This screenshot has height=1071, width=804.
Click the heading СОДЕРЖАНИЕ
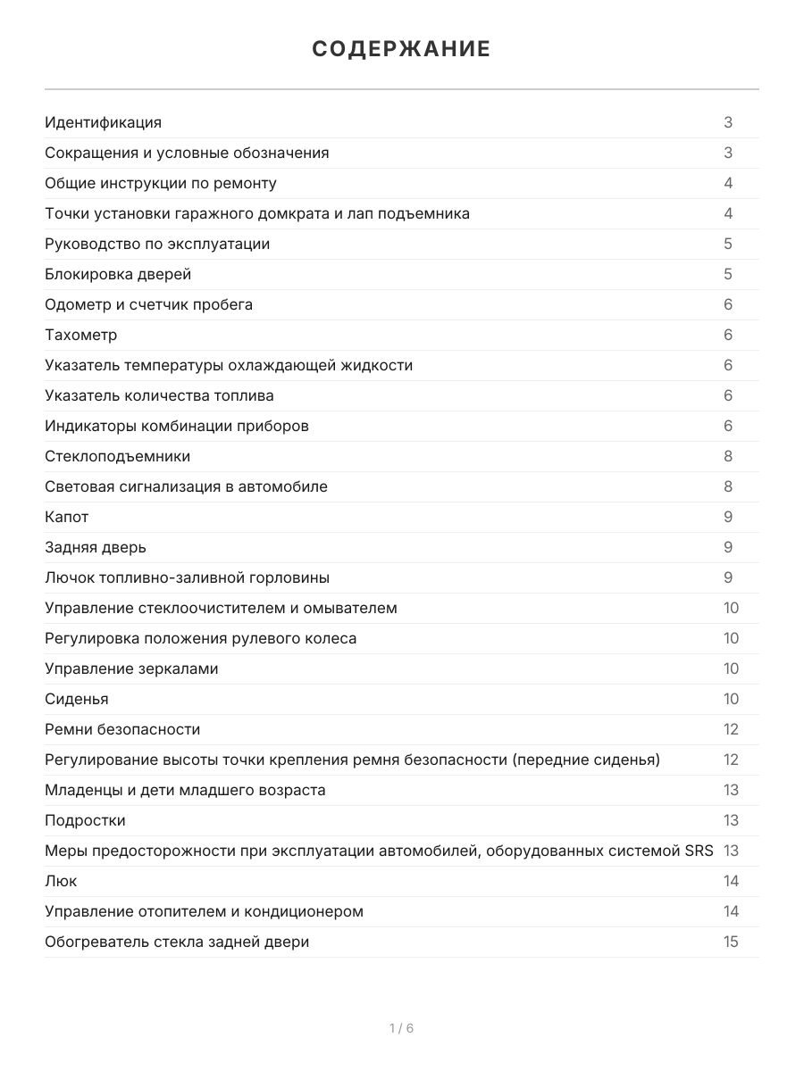(x=401, y=49)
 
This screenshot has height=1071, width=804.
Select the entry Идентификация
(x=104, y=122)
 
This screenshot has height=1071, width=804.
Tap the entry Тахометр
(x=81, y=335)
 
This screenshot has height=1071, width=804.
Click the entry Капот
(x=67, y=517)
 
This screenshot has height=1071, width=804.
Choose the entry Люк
(x=61, y=881)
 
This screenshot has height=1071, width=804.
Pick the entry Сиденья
(x=77, y=699)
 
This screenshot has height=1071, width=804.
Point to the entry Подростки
(x=85, y=820)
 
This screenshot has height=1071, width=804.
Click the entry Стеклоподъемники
(x=118, y=456)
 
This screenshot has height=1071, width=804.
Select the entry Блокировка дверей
(x=118, y=274)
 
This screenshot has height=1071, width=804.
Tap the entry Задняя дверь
(x=96, y=547)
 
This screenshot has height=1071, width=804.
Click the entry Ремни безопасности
(x=122, y=729)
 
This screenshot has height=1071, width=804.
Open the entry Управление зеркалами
(x=131, y=668)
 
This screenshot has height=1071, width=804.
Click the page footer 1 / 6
(x=401, y=1028)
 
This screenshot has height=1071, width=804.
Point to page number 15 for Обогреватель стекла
(x=731, y=942)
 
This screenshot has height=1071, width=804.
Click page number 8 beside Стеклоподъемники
(x=728, y=456)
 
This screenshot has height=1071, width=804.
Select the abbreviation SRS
(x=699, y=851)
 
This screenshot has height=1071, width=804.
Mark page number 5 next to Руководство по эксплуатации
(x=728, y=244)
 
